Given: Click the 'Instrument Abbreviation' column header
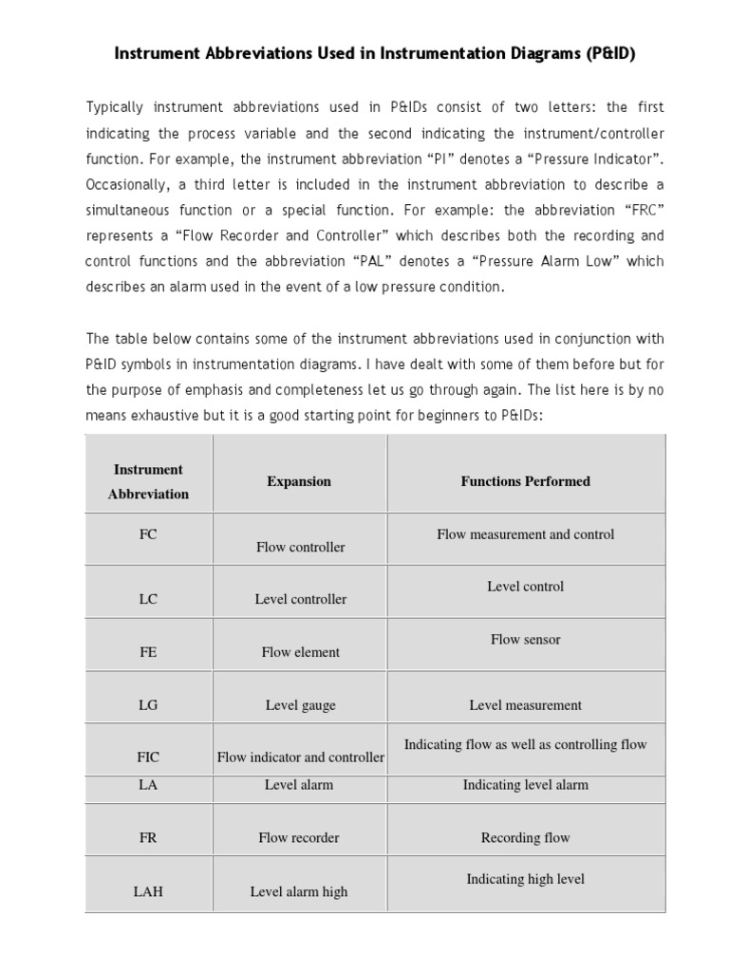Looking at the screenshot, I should (148, 481).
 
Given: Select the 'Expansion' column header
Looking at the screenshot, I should (299, 481).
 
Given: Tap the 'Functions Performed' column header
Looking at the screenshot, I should (525, 481).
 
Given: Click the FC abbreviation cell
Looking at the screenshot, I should (148, 534).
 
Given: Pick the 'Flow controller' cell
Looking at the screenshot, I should (300, 547).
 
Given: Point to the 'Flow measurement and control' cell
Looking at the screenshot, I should (525, 534).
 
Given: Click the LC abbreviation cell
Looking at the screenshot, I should (148, 599).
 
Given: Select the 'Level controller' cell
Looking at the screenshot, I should (300, 599).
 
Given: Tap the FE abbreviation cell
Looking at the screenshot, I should (148, 652).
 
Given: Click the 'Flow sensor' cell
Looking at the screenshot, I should (525, 640).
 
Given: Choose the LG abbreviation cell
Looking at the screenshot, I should (148, 705).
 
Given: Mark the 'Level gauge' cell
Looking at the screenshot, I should (300, 705).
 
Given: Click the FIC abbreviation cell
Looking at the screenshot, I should (148, 757).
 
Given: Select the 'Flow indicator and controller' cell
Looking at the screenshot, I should (300, 757).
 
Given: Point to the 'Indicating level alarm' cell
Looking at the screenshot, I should (525, 785).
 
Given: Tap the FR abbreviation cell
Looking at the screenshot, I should (148, 838).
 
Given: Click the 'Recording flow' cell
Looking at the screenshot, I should (525, 838).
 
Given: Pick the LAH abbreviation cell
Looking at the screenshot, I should (148, 892).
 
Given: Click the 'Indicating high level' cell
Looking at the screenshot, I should (525, 879).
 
